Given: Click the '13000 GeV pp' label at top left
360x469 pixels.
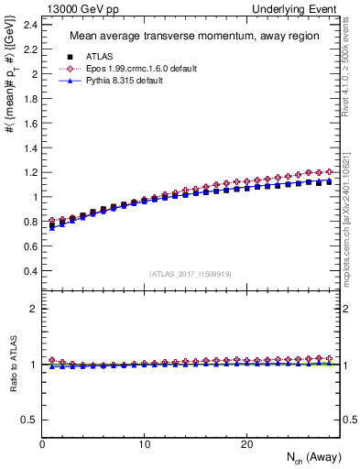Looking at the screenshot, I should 74,8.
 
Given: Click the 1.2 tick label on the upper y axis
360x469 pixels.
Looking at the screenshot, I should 31,171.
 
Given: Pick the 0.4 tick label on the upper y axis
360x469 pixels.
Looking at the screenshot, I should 31,271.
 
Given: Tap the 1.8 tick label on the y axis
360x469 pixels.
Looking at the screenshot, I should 31,97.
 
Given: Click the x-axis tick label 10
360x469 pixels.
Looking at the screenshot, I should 145,444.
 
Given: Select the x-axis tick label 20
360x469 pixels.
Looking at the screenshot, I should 246,444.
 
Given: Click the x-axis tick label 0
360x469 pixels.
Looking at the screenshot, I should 42,444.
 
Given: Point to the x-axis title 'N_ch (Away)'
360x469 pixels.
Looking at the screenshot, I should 309,458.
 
